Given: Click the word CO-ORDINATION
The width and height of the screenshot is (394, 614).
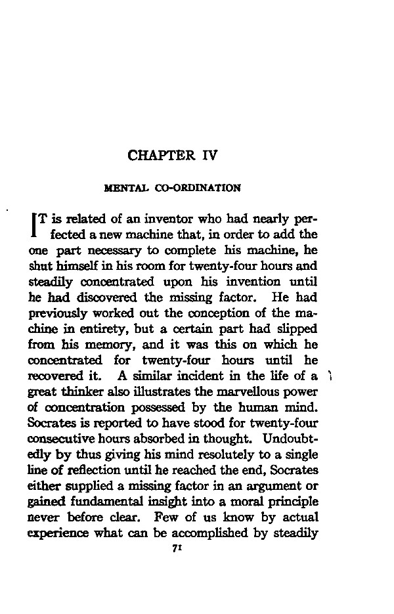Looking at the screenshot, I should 198,188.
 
